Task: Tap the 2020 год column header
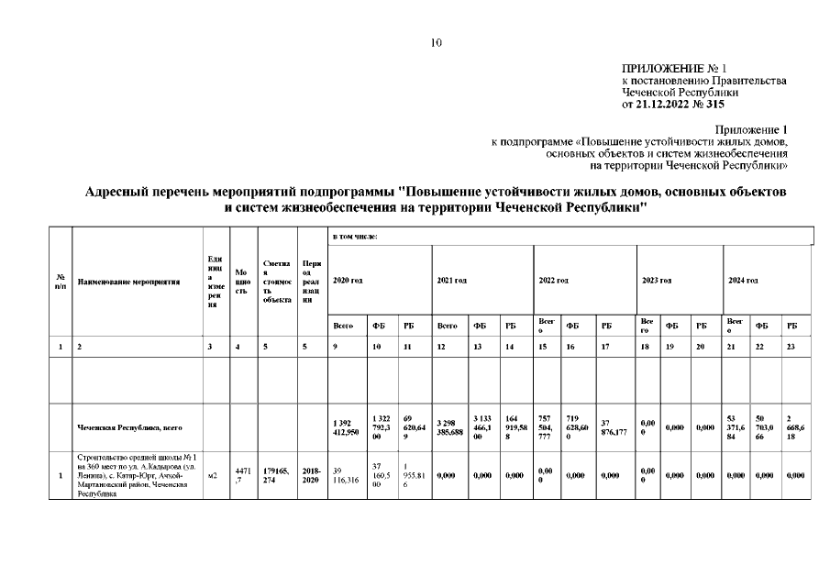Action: [x=348, y=279]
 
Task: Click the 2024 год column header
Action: [x=743, y=279]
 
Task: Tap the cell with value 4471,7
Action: [x=241, y=475]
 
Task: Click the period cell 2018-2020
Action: [x=310, y=475]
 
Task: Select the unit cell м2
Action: [x=213, y=475]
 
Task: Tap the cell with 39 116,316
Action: [x=346, y=475]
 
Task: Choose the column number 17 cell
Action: [x=605, y=348]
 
